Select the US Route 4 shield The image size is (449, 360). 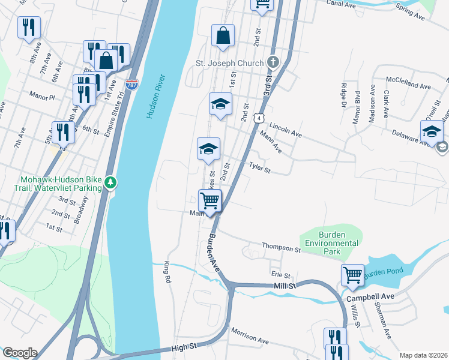pos(258,118)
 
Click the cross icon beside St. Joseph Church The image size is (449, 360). pos(273,62)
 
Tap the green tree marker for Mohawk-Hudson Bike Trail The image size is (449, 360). pos(110,182)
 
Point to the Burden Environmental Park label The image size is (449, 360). pos(331,239)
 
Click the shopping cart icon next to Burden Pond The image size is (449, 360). pos(352,275)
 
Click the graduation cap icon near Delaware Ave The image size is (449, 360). pos(431,131)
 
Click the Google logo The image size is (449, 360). pos(20,352)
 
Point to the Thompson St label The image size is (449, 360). pos(280,248)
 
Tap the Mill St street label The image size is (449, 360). pos(285,286)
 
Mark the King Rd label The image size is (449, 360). pos(167,271)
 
